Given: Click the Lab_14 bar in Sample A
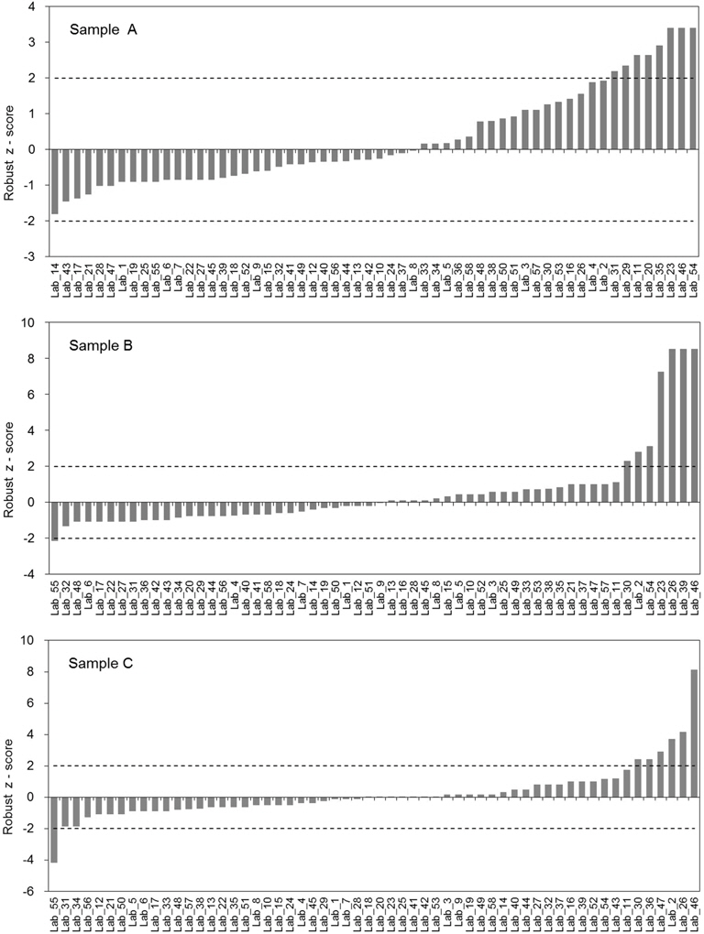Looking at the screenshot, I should tap(55, 181).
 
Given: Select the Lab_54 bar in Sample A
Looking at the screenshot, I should tap(694, 89).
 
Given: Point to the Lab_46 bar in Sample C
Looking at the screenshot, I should tap(694, 733).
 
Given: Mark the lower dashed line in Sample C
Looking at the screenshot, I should tap(367, 829).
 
